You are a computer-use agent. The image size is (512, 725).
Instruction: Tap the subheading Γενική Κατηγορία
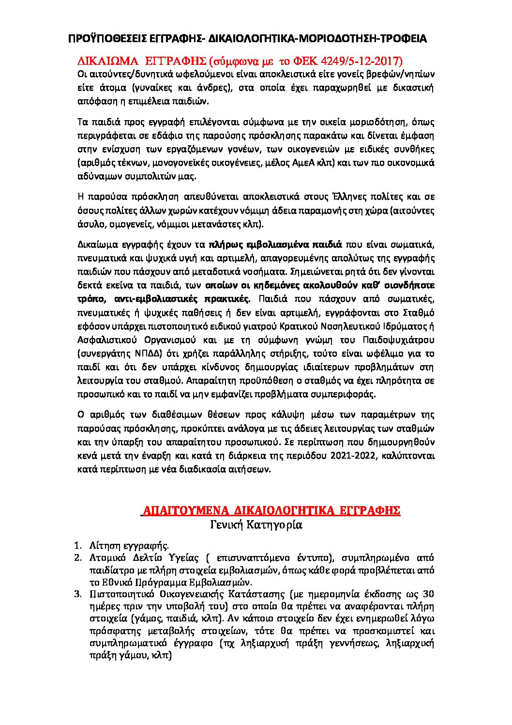tap(256, 524)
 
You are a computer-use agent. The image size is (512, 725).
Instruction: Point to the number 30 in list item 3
tap(428, 594)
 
